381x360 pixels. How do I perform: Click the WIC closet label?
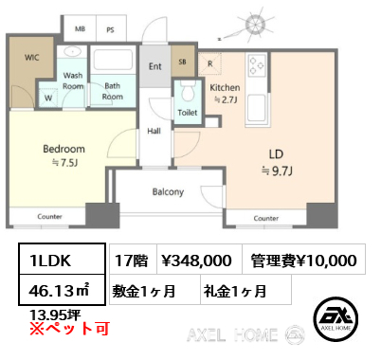(x=32, y=58)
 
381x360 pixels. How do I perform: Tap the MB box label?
(x=80, y=29)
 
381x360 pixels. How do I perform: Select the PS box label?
(x=110, y=30)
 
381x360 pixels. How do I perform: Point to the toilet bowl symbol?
(x=188, y=91)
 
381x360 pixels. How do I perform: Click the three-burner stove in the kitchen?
(x=256, y=65)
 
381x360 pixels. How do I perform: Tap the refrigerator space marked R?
(x=209, y=63)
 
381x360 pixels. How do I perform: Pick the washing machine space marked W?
(x=48, y=98)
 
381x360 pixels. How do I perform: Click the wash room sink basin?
(x=73, y=51)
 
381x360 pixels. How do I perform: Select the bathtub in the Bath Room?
(x=113, y=60)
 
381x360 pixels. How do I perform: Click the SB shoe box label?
(x=182, y=62)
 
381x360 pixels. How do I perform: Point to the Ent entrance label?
(x=155, y=66)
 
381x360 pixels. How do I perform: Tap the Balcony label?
(x=168, y=191)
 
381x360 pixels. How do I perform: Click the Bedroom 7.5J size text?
(x=64, y=163)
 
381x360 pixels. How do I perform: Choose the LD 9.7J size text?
(x=277, y=171)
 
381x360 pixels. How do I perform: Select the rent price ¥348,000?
(x=196, y=261)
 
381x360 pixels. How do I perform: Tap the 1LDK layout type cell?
(x=62, y=259)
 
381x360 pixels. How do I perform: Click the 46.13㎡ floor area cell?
(x=62, y=290)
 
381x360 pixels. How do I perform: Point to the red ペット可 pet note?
(x=69, y=329)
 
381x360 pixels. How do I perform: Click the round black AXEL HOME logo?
(x=336, y=319)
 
